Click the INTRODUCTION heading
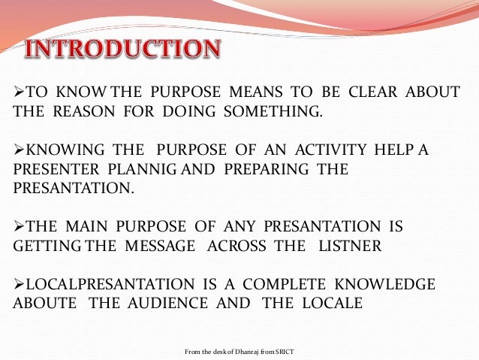pyautogui.click(x=125, y=50)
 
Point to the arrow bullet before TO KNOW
pyautogui.click(x=20, y=92)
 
